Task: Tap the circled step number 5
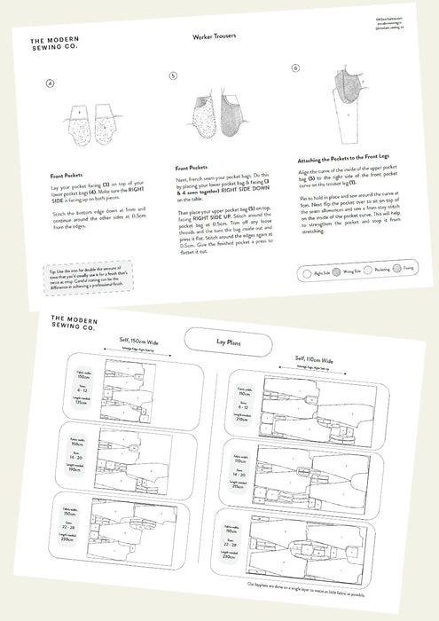(x=174, y=76)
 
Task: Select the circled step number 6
(x=295, y=67)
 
